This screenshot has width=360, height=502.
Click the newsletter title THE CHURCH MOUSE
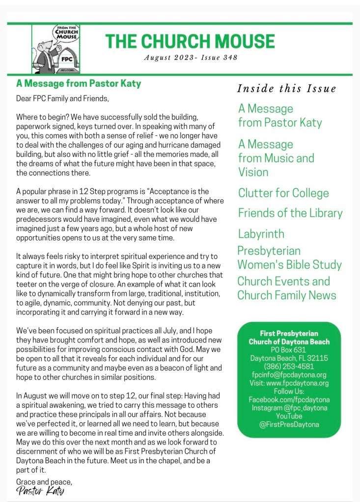point(190,41)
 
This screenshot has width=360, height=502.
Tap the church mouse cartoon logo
point(55,49)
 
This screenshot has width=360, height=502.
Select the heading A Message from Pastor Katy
point(79,83)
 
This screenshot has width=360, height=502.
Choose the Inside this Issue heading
point(287,89)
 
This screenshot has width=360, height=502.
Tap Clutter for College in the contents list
point(283,193)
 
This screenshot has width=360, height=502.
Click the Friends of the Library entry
point(290,213)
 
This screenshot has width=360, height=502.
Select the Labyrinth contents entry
point(261,234)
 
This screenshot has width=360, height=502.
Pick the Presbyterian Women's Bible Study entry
point(289,258)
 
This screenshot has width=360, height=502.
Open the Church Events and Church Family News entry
point(287,288)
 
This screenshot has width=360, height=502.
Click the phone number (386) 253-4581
point(289,367)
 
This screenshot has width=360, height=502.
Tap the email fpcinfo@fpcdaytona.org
point(289,375)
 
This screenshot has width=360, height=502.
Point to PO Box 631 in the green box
point(289,350)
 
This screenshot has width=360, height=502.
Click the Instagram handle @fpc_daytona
point(289,408)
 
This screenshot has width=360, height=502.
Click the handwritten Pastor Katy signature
point(40,491)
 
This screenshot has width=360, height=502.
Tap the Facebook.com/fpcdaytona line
point(289,400)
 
